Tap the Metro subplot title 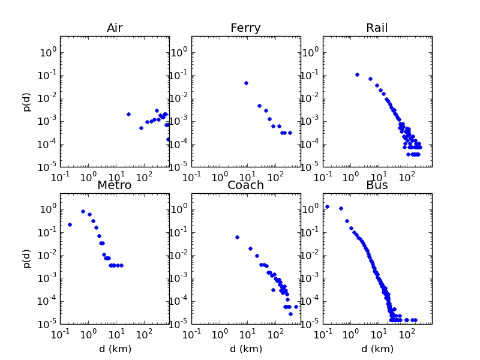pos(115,185)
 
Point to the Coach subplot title pos(245,185)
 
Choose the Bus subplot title pos(377,185)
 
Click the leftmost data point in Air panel pos(128,114)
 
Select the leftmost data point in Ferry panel pos(246,83)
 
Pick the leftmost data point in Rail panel pos(357,74)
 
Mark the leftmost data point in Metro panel pos(70,224)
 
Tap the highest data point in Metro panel pos(83,211)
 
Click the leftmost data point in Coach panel pos(237,237)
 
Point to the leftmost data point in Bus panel pos(327,206)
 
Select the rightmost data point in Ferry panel pos(290,133)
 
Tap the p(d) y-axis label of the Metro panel pos(28,258)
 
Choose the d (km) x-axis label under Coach pos(245,349)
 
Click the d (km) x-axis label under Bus pos(377,349)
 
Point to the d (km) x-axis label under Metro pos(115,349)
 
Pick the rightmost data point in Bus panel pos(415,320)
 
